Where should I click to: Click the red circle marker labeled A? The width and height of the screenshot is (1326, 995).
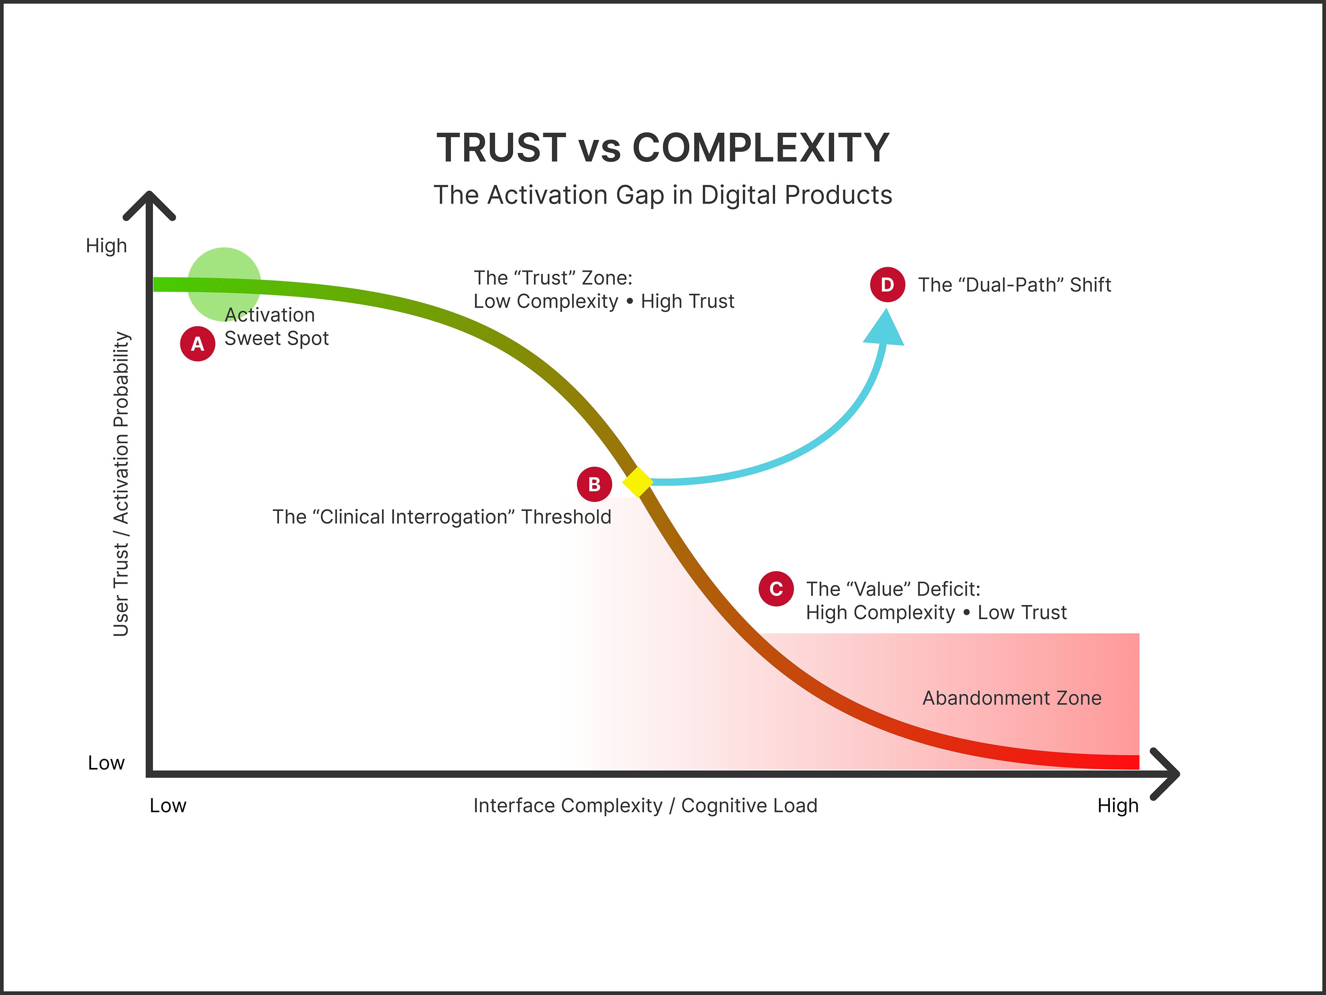197,344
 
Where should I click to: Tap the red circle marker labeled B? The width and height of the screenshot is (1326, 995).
594,484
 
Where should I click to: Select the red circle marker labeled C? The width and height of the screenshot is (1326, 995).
776,589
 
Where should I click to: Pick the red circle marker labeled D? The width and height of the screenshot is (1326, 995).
887,284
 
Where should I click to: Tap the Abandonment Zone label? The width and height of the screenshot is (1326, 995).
1012,698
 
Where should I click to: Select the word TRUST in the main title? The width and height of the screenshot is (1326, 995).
501,148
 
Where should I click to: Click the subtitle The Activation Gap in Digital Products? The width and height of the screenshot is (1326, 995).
662,195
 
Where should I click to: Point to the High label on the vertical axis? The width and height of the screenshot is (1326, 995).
106,246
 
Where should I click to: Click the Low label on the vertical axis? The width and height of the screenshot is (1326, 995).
106,763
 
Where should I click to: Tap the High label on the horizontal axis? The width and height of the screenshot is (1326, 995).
1117,805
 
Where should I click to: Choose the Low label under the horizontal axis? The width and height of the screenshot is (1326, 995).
168,805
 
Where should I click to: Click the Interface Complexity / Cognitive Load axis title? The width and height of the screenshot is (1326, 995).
645,805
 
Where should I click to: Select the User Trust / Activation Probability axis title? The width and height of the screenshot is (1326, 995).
121,483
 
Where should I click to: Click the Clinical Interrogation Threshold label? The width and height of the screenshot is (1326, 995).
442,517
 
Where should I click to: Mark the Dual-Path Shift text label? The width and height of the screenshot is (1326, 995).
1014,285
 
